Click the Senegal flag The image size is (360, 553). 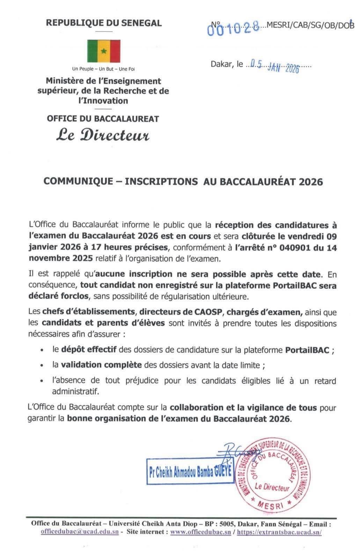(104, 51)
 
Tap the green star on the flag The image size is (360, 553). (103, 51)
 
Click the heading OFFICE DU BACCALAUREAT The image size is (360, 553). (103, 119)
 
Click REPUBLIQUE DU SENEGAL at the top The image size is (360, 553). (104, 23)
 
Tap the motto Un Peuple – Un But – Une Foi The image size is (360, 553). (103, 69)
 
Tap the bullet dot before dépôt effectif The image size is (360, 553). (42, 350)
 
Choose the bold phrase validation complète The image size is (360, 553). (101, 365)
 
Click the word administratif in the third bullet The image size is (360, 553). (75, 391)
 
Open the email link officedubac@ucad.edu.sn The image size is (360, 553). (79, 532)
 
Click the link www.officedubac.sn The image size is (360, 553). (200, 532)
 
